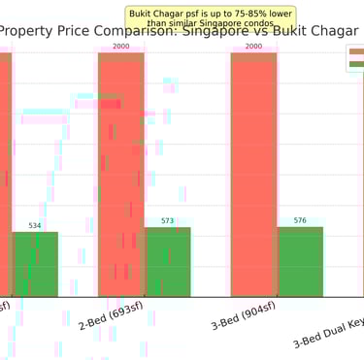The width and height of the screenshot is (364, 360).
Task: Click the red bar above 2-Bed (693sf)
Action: tap(121, 175)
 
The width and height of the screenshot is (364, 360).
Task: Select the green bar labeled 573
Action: tap(168, 262)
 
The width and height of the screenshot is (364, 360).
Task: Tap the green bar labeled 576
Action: tap(300, 262)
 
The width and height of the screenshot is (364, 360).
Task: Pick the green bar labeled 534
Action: tap(35, 264)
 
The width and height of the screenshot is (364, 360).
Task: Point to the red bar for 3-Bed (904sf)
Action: tap(253, 175)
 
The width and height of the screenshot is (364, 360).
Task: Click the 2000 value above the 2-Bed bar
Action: tap(121, 46)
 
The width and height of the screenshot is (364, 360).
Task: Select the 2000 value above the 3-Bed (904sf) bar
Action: tap(253, 46)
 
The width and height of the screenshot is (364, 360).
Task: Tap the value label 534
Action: tap(35, 225)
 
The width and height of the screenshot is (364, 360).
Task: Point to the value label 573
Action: tap(168, 220)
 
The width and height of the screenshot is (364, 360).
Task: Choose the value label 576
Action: tap(300, 220)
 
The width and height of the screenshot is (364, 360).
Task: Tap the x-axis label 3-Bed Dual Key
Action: tap(330, 335)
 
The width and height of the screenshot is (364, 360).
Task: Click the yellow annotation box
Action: tap(212, 17)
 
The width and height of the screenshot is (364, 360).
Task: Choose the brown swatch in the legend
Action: tap(356, 51)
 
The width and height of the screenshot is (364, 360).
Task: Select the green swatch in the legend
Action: tap(356, 64)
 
